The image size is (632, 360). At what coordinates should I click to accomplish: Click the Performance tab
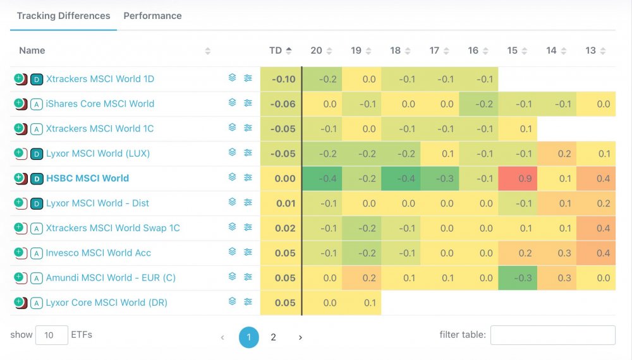(152, 16)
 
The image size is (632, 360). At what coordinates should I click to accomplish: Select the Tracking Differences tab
(63, 16)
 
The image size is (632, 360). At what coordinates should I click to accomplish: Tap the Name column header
(32, 51)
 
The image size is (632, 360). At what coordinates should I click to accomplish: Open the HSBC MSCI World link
(87, 178)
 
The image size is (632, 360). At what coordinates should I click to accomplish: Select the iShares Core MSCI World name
(100, 104)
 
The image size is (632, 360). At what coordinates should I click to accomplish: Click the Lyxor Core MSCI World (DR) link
(106, 303)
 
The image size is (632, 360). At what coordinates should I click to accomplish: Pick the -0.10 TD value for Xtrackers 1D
(283, 79)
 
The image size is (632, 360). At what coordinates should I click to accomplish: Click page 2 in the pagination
(273, 337)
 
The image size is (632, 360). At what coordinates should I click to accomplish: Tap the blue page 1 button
(249, 337)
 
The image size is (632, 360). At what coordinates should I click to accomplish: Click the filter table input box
(552, 335)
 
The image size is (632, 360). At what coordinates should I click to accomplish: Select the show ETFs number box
(51, 335)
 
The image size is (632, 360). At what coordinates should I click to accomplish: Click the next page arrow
(300, 337)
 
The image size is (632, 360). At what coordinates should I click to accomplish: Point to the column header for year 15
(513, 51)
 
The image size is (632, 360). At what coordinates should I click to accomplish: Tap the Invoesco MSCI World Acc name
(98, 253)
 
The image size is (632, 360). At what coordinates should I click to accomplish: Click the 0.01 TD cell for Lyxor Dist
(285, 203)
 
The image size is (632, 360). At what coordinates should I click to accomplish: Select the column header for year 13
(591, 51)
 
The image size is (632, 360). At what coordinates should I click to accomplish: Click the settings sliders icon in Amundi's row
(248, 277)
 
